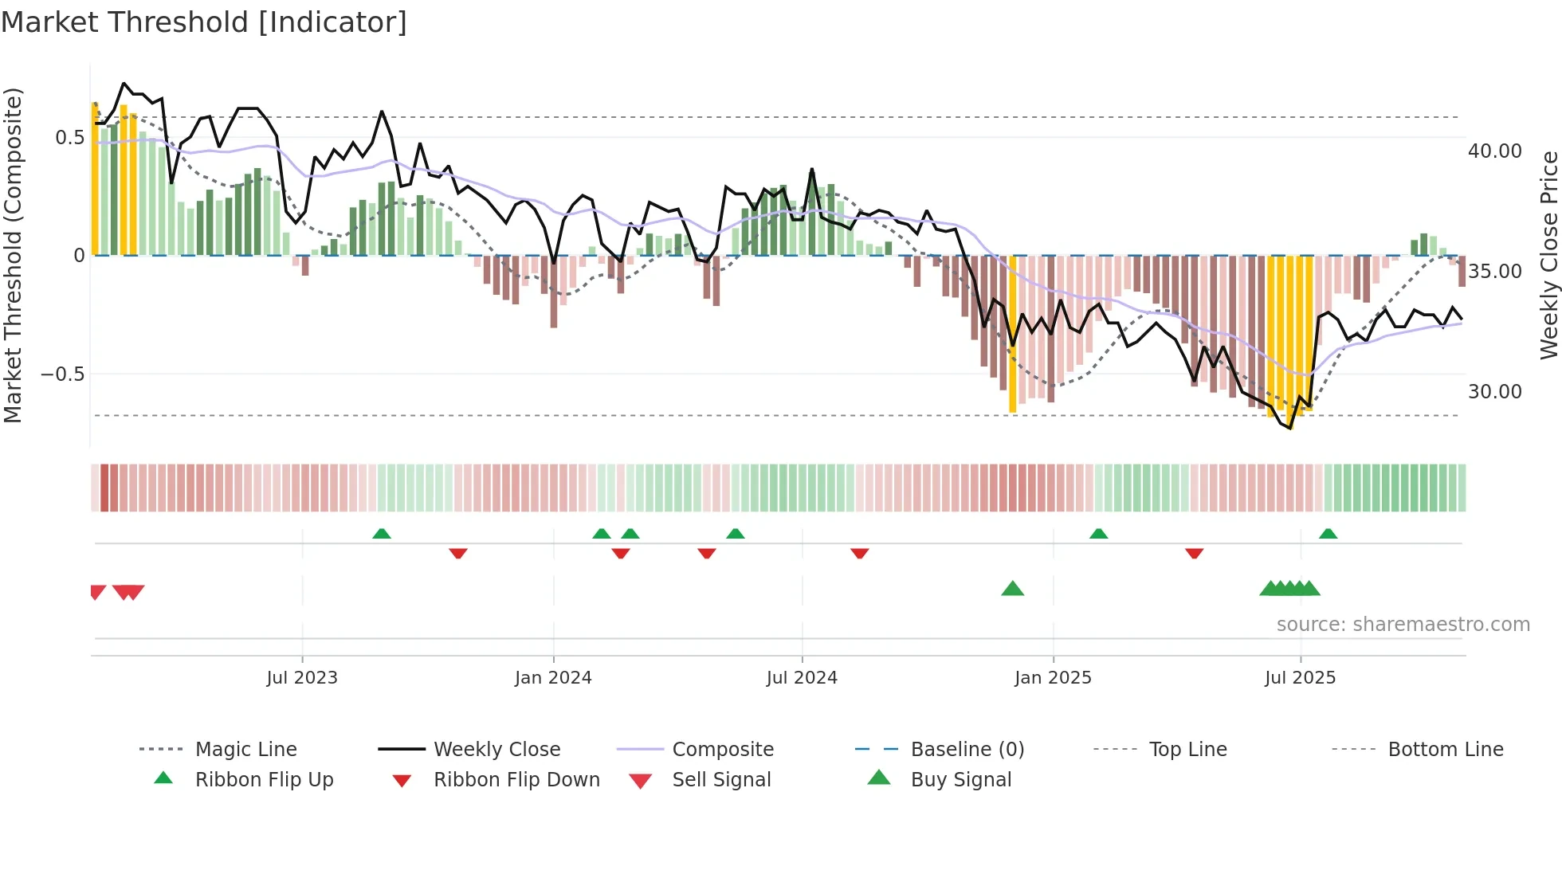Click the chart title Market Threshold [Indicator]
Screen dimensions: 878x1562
click(204, 22)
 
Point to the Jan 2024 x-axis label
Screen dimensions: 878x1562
click(553, 678)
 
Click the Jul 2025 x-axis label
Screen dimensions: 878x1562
click(1300, 678)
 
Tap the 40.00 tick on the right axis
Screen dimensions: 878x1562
click(1494, 151)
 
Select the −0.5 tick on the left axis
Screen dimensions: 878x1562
click(62, 374)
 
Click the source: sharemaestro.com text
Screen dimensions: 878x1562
click(1403, 625)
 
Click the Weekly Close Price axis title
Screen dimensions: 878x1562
click(1548, 255)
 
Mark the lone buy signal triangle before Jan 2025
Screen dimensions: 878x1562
click(1012, 589)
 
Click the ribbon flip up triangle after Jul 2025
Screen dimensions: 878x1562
click(1328, 534)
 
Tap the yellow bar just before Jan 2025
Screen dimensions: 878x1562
click(1012, 335)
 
